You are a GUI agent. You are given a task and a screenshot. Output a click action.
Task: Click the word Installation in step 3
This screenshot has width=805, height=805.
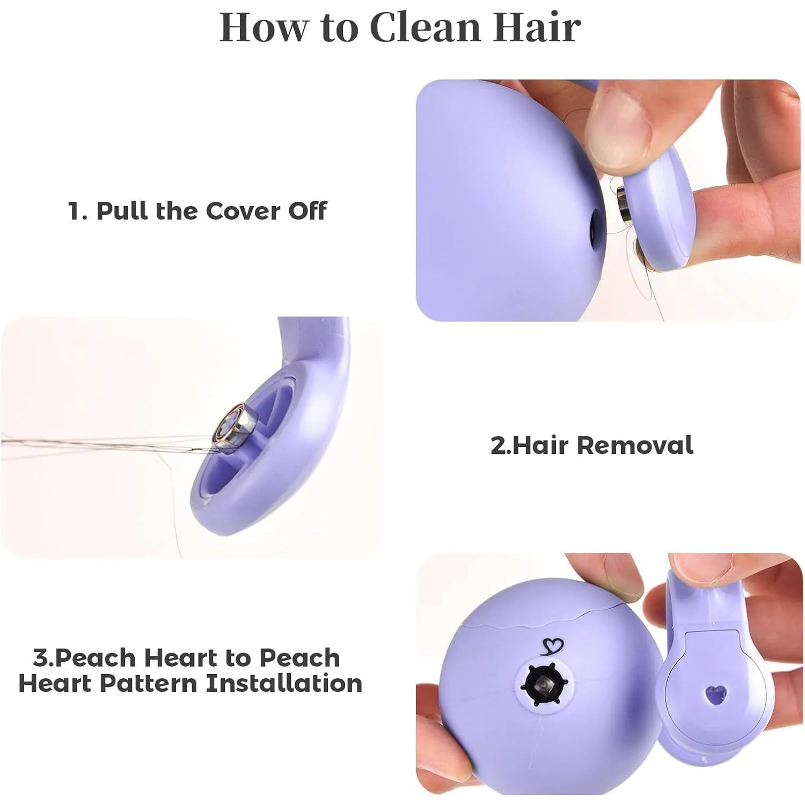click(284, 684)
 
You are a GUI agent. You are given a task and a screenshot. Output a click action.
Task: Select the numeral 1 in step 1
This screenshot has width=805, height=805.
click(74, 211)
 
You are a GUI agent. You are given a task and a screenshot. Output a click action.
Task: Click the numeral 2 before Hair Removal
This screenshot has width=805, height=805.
click(498, 446)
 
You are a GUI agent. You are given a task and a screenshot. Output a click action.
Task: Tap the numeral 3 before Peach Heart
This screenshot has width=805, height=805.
click(41, 658)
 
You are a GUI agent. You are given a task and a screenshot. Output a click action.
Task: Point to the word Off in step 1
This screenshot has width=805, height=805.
click(308, 211)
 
